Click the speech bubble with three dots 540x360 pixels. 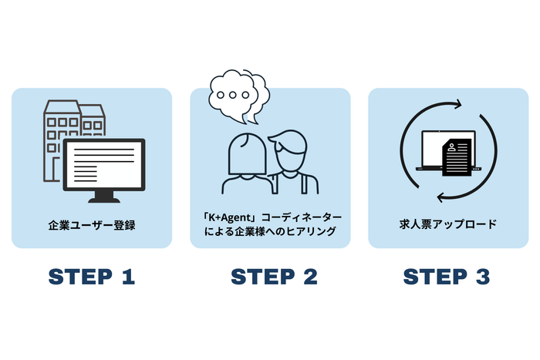click(235, 96)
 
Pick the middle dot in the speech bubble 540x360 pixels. click(234, 96)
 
